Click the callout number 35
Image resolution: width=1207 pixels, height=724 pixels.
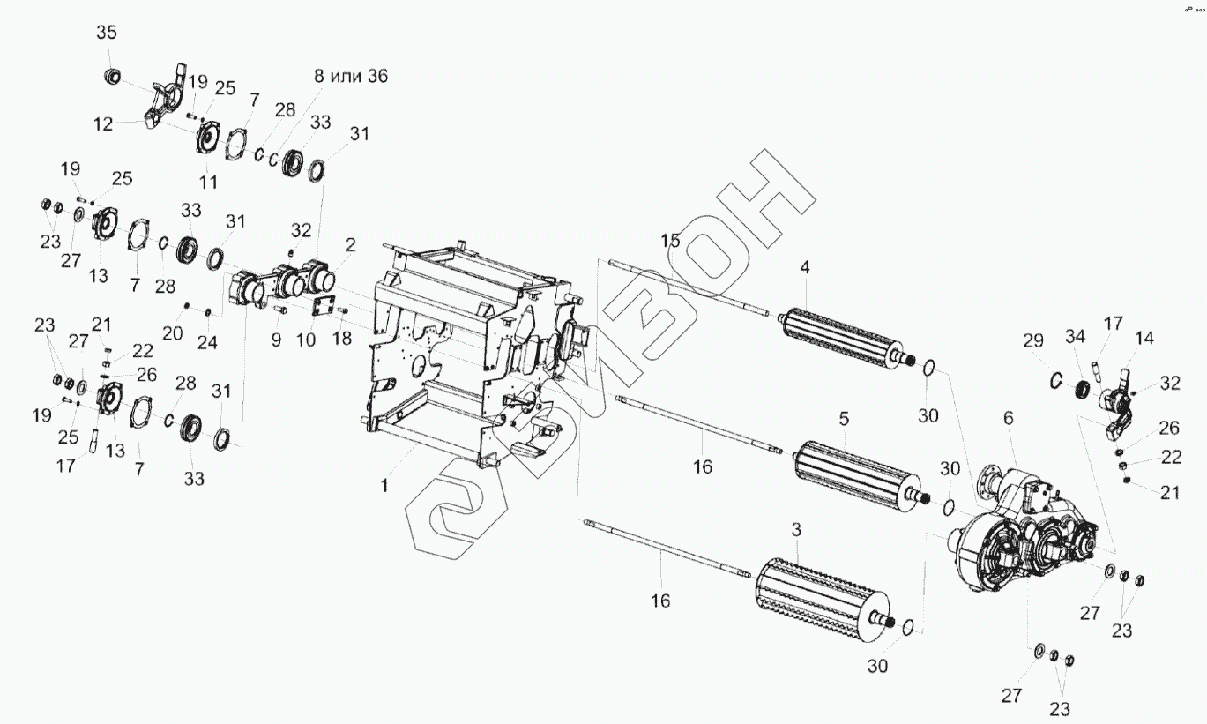106,33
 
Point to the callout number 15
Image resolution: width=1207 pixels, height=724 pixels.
672,240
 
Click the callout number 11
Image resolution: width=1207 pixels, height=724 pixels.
208,181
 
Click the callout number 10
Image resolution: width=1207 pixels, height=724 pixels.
306,340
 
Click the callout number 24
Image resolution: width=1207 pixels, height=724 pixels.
207,341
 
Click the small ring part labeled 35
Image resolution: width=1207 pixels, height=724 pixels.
112,77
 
